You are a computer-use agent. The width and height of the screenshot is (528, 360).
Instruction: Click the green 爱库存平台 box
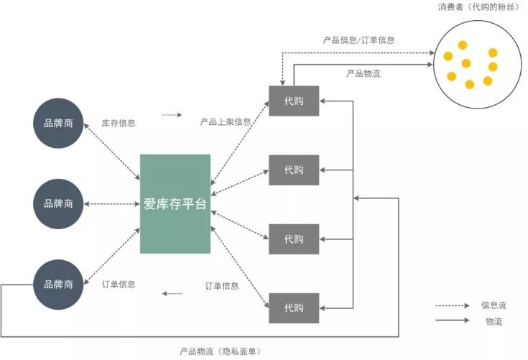tap(175, 203)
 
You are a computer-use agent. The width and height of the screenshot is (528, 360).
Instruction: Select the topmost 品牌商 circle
tap(58, 122)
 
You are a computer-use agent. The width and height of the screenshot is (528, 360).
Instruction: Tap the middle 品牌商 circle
tap(58, 203)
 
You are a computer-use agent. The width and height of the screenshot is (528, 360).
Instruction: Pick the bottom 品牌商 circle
tap(58, 285)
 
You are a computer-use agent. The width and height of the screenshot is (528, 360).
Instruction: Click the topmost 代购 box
tap(294, 101)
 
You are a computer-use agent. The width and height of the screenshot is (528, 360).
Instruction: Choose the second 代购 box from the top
tap(294, 170)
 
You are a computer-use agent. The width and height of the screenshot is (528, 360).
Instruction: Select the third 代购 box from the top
tap(294, 239)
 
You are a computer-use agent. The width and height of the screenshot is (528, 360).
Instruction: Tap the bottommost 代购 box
tap(294, 308)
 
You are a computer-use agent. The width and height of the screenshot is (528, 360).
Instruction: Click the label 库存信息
tap(119, 123)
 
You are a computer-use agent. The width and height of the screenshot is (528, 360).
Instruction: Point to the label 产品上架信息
tap(226, 122)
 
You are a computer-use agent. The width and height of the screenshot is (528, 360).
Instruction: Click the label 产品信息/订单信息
tap(358, 40)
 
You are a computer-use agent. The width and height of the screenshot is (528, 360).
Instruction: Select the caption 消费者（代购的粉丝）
tap(478, 7)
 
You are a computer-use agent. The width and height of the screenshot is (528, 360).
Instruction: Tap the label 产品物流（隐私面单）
tap(220, 351)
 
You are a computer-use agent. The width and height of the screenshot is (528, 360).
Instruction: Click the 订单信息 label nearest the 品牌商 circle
tap(119, 284)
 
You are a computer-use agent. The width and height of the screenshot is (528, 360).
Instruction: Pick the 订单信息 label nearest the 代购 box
tap(222, 286)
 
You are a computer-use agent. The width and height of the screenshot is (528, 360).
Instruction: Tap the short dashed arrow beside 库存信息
tap(172, 115)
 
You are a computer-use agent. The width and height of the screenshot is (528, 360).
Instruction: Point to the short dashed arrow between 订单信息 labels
tap(172, 293)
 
